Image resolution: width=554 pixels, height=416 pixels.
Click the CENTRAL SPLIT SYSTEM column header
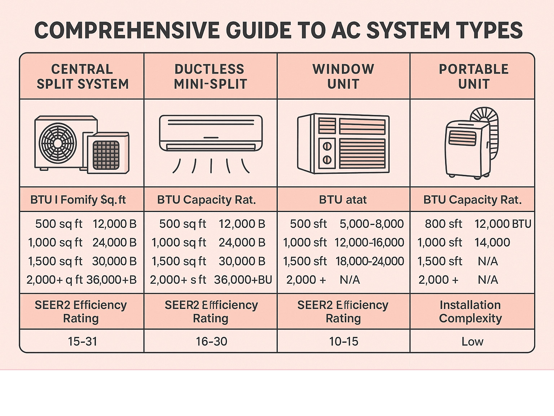(x=83, y=76)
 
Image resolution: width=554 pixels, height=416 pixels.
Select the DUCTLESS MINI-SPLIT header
(x=210, y=76)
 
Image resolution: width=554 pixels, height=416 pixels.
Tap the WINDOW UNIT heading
(x=343, y=76)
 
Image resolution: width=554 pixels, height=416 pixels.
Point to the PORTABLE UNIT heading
(x=474, y=76)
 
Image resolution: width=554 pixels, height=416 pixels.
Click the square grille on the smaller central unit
(x=106, y=155)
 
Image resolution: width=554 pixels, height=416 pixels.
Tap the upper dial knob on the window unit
(x=327, y=146)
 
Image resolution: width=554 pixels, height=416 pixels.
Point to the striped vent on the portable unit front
(x=462, y=138)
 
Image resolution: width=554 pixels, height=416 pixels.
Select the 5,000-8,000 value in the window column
(x=371, y=224)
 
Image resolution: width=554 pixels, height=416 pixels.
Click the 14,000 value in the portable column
(x=492, y=243)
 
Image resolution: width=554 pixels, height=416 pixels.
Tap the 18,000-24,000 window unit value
(x=370, y=261)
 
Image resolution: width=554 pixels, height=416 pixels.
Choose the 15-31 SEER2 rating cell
(x=83, y=341)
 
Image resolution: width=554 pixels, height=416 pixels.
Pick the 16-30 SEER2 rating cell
(x=211, y=341)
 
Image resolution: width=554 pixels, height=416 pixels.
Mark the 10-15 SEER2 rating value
(x=344, y=341)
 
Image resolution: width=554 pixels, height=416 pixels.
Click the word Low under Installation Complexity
(x=472, y=341)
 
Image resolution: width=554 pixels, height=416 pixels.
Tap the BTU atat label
(x=343, y=200)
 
